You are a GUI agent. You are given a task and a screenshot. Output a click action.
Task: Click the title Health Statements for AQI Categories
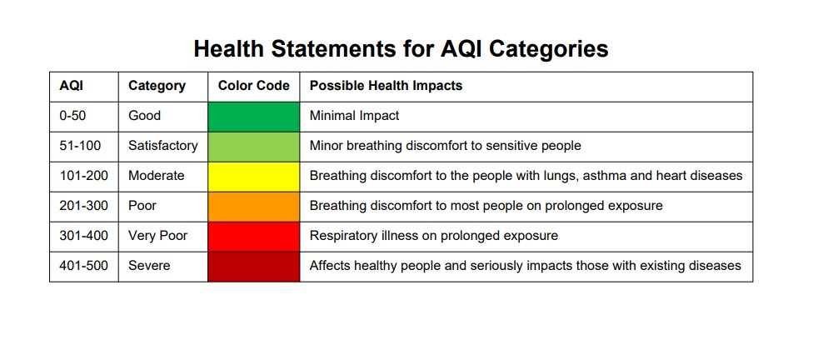tap(401, 48)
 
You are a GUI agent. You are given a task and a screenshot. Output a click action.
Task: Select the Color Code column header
tap(253, 86)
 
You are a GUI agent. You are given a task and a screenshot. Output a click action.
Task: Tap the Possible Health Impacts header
tap(386, 86)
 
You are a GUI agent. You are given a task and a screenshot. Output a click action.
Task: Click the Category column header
tap(157, 86)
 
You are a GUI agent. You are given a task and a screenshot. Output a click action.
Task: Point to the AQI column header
tap(72, 86)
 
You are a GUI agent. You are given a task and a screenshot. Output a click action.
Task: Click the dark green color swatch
tap(253, 116)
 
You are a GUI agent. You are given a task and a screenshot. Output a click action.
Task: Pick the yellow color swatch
tap(253, 176)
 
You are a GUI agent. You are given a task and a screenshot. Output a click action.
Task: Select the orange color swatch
tap(253, 206)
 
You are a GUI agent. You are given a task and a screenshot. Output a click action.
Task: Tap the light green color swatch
tap(253, 146)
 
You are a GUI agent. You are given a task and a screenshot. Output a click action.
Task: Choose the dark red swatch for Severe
tap(253, 266)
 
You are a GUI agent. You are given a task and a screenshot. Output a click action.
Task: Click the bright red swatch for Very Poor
tap(253, 236)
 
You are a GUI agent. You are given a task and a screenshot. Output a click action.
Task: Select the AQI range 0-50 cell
tap(72, 116)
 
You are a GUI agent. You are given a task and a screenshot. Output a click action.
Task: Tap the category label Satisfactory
tap(162, 146)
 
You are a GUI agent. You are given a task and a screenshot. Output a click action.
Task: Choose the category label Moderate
tap(156, 176)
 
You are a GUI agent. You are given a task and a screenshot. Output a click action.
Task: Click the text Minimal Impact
tap(354, 116)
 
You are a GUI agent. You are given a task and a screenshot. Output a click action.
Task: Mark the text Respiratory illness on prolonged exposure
tap(433, 236)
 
